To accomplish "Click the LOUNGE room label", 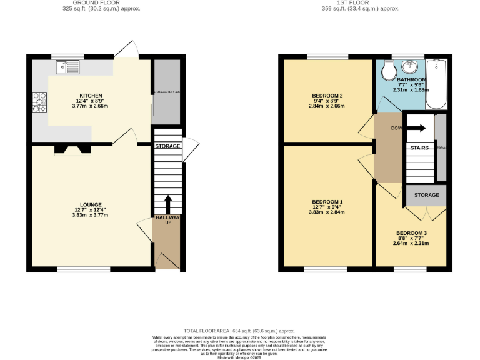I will (x=90, y=204).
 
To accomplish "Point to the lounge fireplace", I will (x=72, y=149).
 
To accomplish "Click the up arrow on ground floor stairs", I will (x=167, y=204).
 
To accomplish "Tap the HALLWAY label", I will (x=167, y=217).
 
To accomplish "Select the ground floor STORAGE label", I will (x=167, y=146).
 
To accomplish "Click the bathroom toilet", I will (x=388, y=69).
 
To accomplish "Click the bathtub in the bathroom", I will (x=436, y=84).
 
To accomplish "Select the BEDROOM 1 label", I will (x=327, y=202).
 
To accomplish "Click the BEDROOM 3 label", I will (x=411, y=233).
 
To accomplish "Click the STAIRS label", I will (x=420, y=147).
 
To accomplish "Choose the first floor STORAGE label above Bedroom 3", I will (x=426, y=195).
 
